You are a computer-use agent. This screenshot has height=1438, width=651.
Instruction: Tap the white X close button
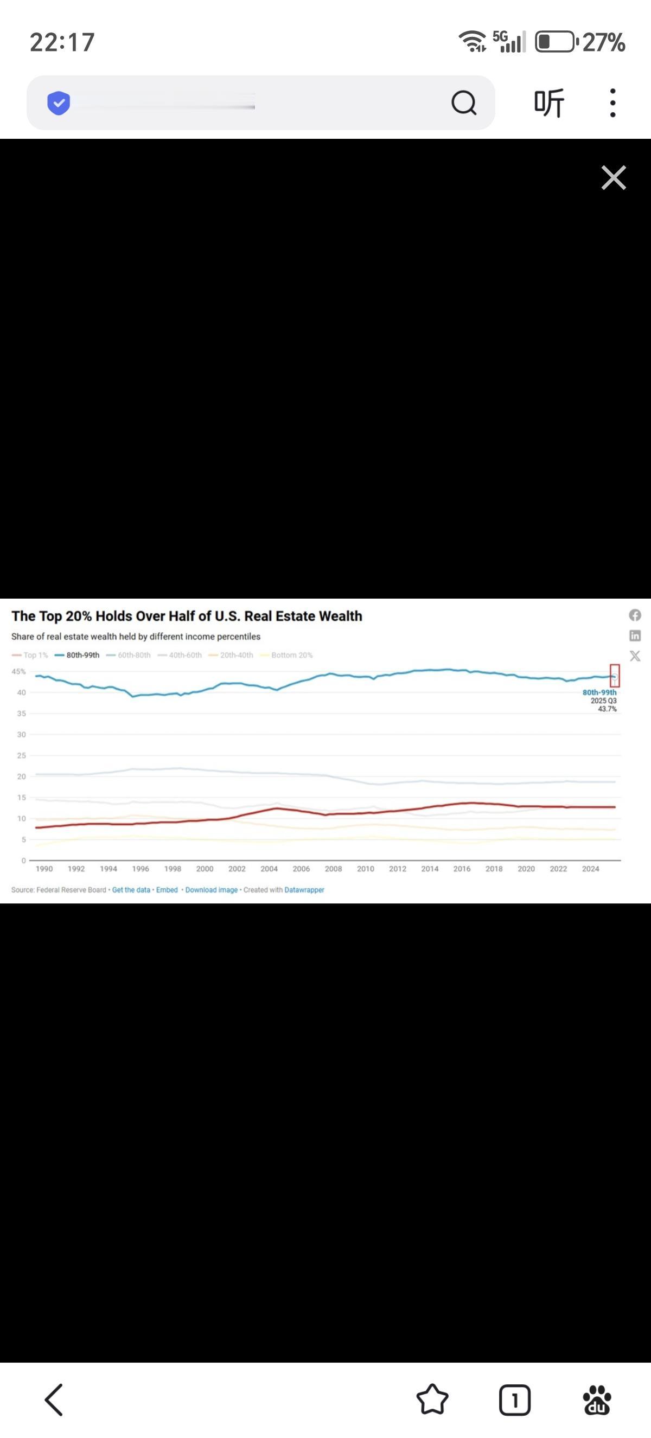(x=613, y=177)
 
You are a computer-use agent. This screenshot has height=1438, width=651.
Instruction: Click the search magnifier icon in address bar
(x=463, y=102)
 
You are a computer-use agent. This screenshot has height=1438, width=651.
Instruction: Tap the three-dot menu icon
(x=612, y=102)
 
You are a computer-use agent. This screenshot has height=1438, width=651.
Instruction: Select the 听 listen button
(x=549, y=102)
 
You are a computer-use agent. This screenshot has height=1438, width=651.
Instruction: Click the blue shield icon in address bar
(x=59, y=102)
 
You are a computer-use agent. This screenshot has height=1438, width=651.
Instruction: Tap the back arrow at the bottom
(x=54, y=1400)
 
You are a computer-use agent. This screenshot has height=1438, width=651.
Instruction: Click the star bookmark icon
(x=432, y=1400)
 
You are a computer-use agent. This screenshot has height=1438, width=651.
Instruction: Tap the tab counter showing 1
(x=514, y=1400)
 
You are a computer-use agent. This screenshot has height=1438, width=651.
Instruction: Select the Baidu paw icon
(x=597, y=1400)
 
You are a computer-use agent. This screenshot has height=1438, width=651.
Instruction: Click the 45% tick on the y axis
(x=18, y=671)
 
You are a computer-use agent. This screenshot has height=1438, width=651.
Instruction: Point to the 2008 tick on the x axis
(x=333, y=869)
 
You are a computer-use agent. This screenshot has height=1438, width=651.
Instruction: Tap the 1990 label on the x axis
(x=44, y=869)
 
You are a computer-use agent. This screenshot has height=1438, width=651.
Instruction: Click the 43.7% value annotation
(x=607, y=709)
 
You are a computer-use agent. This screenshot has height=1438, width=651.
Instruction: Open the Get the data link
(x=131, y=890)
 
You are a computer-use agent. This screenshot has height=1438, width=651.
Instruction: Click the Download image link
(x=211, y=890)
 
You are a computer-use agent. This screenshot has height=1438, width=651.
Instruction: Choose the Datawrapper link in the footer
(x=304, y=890)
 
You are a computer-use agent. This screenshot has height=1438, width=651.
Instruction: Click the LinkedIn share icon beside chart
(x=635, y=635)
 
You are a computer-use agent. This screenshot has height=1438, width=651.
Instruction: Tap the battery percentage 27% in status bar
(x=604, y=42)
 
